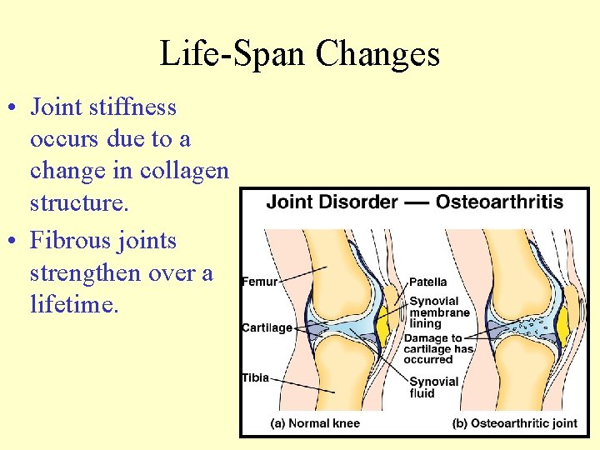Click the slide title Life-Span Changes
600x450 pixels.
[299, 53]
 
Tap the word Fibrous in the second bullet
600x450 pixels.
[68, 241]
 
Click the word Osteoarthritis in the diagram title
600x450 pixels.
[499, 202]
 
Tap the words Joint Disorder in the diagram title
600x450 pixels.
[332, 202]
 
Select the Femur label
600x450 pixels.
[259, 282]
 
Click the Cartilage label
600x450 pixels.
[267, 327]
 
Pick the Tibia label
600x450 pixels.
[256, 377]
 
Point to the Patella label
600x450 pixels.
[427, 282]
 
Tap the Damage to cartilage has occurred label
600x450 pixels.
[438, 348]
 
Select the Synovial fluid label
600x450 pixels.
[433, 387]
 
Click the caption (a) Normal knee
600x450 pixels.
[315, 423]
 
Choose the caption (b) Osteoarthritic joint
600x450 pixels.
[514, 423]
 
